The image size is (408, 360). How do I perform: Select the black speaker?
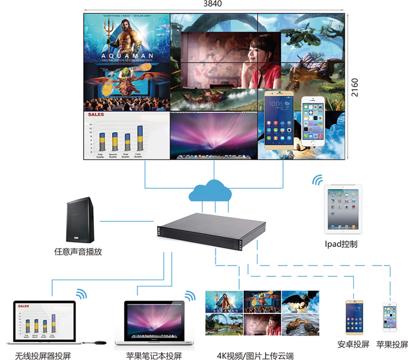80,221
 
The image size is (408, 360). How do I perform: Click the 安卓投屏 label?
353,344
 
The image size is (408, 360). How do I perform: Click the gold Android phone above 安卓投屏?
353,317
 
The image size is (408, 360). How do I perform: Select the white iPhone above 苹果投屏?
391,318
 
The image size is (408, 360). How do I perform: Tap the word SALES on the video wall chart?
96,115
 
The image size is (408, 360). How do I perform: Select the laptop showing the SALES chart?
44,322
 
